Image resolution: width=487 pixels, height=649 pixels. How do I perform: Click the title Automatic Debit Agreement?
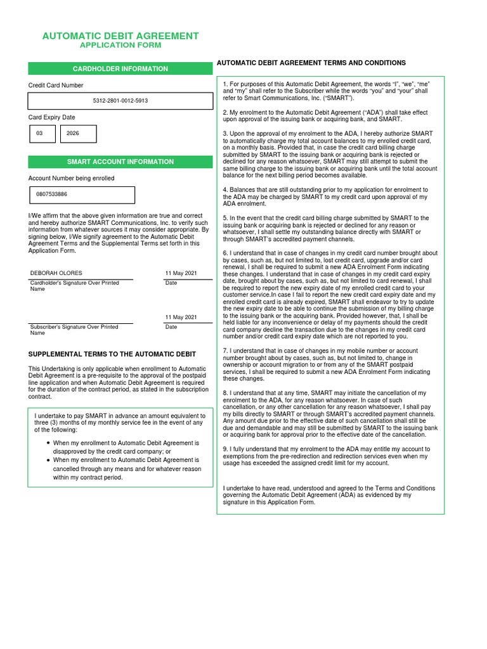(120, 36)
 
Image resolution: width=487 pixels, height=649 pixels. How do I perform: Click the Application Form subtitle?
(120, 46)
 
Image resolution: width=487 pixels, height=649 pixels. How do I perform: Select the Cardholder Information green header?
(120, 68)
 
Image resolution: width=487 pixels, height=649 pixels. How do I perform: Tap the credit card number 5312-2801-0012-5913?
(120, 101)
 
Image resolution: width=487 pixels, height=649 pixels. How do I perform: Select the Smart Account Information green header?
(120, 162)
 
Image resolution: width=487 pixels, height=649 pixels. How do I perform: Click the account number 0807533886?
(52, 195)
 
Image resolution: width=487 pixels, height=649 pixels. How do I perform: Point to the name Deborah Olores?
(56, 273)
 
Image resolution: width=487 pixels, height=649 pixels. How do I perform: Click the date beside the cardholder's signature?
(181, 273)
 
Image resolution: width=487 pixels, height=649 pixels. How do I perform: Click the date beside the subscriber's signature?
(181, 317)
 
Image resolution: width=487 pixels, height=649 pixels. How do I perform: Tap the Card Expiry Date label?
(51, 117)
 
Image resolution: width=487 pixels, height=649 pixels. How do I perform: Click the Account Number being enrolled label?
(71, 178)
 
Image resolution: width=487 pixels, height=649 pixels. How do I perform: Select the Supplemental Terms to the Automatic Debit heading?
(112, 354)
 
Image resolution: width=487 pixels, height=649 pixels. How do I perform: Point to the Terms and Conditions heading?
(311, 63)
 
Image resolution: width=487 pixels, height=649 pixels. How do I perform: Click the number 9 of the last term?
(225, 448)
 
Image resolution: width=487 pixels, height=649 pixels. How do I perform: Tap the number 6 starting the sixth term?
(225, 253)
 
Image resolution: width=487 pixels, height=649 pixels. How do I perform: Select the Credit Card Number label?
(56, 85)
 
